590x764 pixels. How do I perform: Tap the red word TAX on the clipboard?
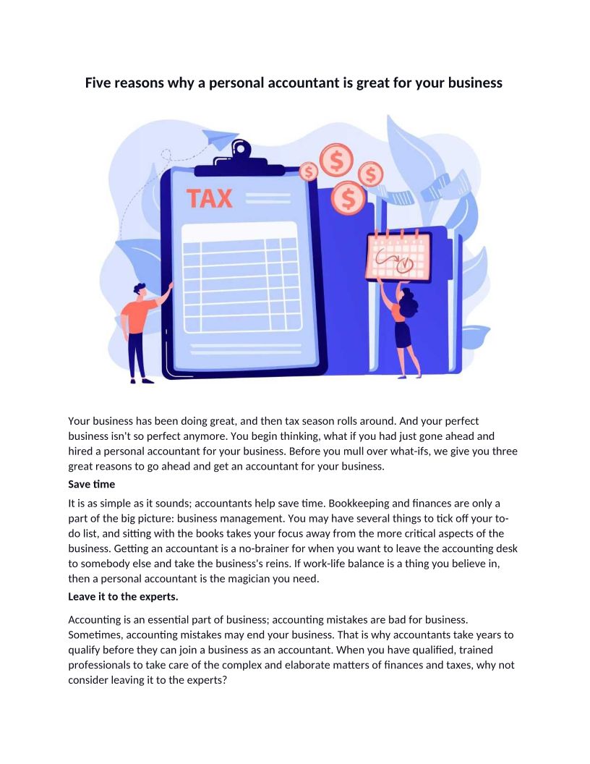(210, 198)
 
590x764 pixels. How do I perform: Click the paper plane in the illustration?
(220, 137)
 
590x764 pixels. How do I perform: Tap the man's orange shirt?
(138, 315)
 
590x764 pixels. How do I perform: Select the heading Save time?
(91, 483)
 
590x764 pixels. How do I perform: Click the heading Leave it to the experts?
(122, 597)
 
